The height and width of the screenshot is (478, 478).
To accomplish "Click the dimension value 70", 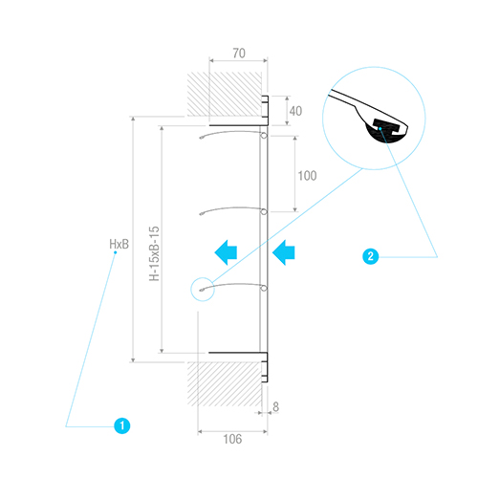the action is [239, 54].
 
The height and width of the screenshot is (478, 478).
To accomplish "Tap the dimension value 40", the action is [295, 111].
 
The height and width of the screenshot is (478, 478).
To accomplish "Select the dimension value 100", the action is [307, 176].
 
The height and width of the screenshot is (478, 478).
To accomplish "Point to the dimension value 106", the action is [232, 439].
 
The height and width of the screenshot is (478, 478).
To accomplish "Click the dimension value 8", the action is [276, 406].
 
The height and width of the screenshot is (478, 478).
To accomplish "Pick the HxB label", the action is [119, 244].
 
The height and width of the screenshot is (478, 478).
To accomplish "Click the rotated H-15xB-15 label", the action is [154, 253].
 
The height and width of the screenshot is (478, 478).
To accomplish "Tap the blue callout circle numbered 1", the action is [122, 425].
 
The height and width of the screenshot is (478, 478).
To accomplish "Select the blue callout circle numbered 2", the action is [371, 256].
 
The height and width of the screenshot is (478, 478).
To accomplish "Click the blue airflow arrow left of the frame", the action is [226, 252].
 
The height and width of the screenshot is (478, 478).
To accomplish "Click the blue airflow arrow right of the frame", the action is [284, 252].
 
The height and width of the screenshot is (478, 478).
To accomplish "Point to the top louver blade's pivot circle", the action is [264, 136].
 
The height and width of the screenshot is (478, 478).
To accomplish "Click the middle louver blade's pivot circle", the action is [264, 211].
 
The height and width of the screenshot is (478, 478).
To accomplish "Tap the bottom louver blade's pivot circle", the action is [264, 288].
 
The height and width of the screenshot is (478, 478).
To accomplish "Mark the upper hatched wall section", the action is [225, 94].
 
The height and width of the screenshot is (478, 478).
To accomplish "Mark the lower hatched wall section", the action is [225, 384].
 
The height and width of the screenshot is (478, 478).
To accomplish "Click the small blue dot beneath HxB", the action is [116, 252].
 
